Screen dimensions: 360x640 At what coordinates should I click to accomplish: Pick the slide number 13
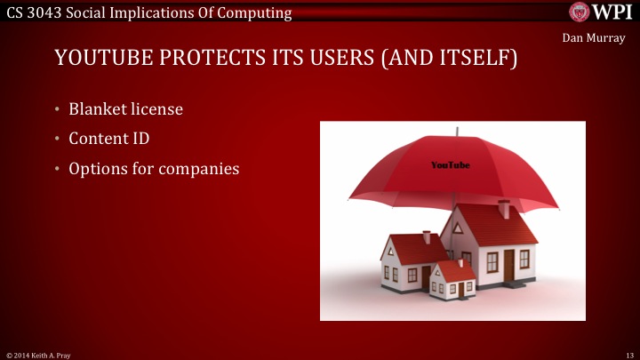[629, 354]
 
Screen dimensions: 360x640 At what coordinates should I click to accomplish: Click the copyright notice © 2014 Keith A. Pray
[38, 354]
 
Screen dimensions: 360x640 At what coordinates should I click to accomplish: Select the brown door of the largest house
[509, 264]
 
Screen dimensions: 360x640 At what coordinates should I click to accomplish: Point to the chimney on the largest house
[504, 210]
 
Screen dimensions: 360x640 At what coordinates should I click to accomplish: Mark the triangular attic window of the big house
[457, 228]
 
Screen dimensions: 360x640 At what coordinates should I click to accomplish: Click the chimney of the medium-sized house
[427, 237]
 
